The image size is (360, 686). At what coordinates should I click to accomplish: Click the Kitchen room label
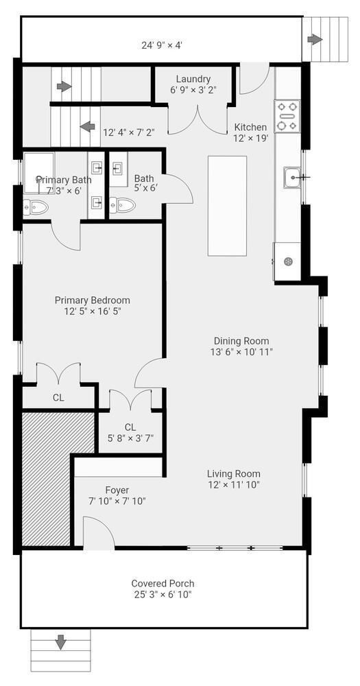(250, 127)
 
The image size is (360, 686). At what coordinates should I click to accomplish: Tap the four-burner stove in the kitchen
(287, 117)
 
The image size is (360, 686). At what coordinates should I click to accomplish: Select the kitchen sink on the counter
(291, 177)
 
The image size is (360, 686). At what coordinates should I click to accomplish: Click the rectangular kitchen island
(227, 206)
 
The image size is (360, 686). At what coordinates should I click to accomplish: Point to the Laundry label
(193, 79)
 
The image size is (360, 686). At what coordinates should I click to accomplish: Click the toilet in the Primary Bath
(34, 207)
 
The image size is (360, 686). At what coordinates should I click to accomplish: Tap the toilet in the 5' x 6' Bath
(124, 205)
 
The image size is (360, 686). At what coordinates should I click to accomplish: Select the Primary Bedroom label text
(92, 300)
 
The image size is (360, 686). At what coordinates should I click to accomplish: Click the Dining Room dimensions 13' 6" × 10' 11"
(241, 352)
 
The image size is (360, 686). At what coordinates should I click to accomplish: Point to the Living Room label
(234, 473)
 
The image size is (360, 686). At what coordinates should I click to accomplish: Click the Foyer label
(117, 490)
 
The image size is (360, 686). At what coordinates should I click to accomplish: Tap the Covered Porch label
(163, 583)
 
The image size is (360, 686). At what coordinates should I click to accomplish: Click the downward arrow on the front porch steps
(60, 642)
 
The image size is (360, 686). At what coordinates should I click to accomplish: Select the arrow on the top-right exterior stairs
(315, 39)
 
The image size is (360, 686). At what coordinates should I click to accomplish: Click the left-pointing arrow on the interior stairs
(88, 126)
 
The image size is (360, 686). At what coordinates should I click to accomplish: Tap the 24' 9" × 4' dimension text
(161, 45)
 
